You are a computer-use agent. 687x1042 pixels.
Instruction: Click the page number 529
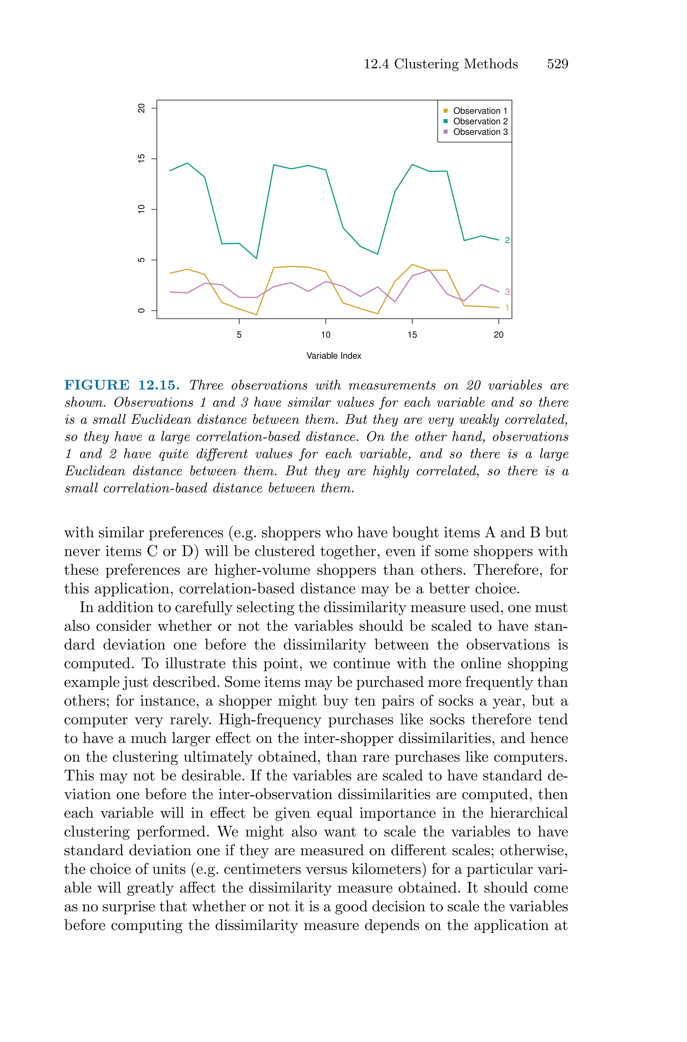coord(557,64)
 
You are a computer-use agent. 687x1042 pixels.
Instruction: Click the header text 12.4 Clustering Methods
coord(440,64)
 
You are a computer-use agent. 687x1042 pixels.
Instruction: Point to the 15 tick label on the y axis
coord(141,159)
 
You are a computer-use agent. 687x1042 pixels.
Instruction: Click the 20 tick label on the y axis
coord(141,108)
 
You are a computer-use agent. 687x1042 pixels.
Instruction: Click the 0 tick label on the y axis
coord(141,311)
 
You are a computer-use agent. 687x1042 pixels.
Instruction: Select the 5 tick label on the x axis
coord(239,335)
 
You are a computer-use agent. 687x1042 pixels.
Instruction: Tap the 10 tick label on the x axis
coord(325,335)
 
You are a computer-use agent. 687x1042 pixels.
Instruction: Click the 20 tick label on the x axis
coord(498,335)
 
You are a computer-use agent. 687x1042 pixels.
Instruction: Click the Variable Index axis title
coord(334,356)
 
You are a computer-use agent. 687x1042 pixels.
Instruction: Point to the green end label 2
coord(507,240)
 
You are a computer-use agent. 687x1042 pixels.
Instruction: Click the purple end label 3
coord(507,292)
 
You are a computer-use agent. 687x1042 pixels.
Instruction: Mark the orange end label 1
coord(507,308)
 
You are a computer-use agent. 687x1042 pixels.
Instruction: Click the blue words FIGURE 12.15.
coord(122,385)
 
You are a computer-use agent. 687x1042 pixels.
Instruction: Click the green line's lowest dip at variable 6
coord(256,258)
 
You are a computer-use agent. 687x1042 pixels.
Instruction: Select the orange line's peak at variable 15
coord(412,265)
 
